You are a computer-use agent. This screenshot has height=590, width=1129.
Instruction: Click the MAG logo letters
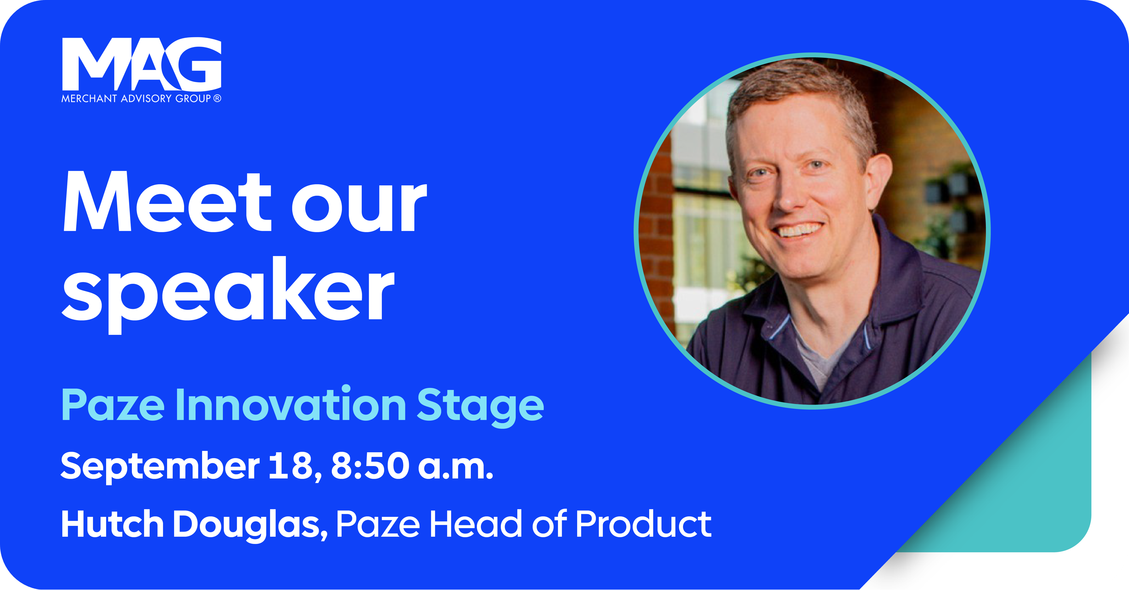pos(142,64)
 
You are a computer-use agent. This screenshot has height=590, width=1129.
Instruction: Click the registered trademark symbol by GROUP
pos(217,99)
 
